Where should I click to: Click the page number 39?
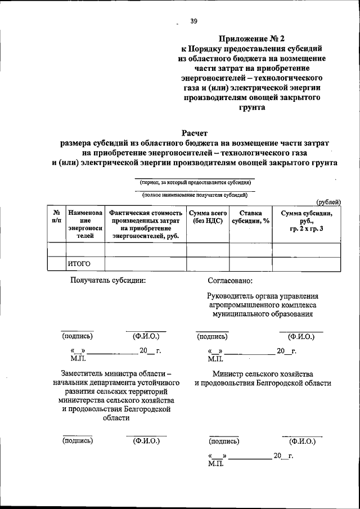(x=193, y=21)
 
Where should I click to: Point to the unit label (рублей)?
(x=328, y=202)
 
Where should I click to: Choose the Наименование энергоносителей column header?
(x=85, y=225)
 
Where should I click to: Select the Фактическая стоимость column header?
(x=146, y=225)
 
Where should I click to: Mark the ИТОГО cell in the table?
(x=79, y=263)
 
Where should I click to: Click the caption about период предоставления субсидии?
(x=195, y=183)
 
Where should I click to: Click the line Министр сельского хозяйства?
(x=263, y=373)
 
